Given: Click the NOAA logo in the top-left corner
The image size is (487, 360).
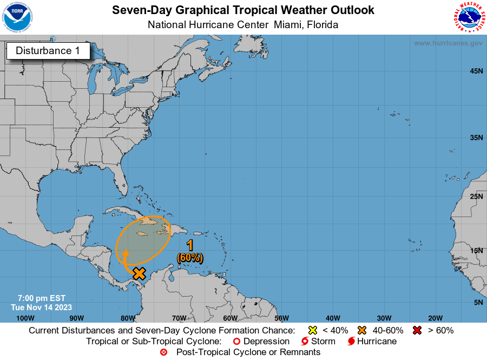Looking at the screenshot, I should pos(17,17).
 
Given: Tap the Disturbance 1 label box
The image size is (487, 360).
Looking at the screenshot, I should pos(48,51).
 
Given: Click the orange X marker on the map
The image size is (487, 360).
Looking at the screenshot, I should pos(139,273).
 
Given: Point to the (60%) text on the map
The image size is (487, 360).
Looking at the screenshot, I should pos(190,258).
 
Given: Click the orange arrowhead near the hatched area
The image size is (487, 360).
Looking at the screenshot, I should pos(124,252).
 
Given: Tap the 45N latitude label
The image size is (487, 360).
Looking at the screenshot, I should pos(476,71).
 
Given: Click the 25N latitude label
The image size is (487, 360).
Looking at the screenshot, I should pos(476,196).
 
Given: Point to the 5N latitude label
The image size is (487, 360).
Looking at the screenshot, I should pos(478,302).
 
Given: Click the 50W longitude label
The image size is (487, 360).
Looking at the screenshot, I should pos(281,318).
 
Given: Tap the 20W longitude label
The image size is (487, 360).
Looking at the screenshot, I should pos(435,318).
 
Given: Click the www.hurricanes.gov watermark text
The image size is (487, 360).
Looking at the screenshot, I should pos(447,43).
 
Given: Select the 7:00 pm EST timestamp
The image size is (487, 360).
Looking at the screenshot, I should pos(41,298).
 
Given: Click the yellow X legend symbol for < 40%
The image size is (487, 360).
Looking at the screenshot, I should pos(312,330).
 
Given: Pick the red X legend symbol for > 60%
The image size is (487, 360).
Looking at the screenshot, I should pos(417,330).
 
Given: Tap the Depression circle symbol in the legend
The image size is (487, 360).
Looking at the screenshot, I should pos(236,342).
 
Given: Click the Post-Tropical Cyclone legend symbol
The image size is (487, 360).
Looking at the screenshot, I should pos(164,352).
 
